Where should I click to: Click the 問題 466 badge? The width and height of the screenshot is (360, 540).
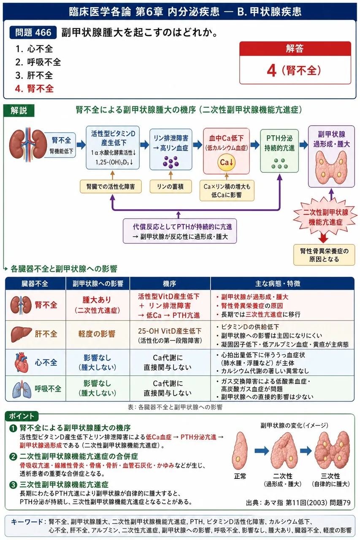pyautogui.click(x=33, y=32)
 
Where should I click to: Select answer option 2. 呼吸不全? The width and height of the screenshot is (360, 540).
pyautogui.click(x=38, y=62)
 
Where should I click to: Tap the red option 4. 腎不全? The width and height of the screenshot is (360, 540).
pyautogui.click(x=34, y=89)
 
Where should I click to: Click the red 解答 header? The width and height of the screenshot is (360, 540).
pyautogui.click(x=295, y=49)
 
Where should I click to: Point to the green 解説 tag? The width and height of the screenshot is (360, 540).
pyautogui.click(x=19, y=111)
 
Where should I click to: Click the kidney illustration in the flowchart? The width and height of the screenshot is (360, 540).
pyautogui.click(x=28, y=144)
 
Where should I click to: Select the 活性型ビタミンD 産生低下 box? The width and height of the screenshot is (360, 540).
pyautogui.click(x=113, y=148)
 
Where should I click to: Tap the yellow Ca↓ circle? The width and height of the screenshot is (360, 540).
pyautogui.click(x=226, y=162)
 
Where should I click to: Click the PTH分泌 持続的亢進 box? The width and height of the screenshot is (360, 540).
pyautogui.click(x=279, y=151)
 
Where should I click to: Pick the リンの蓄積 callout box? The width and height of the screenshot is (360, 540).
pyautogui.click(x=171, y=186)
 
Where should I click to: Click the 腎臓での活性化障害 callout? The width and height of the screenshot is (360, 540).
pyautogui.click(x=111, y=186)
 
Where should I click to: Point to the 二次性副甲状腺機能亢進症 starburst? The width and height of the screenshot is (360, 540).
pyautogui.click(x=325, y=217)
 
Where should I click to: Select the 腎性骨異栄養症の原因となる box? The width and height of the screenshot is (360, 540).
pyautogui.click(x=324, y=255)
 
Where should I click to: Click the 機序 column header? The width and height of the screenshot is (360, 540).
pyautogui.click(x=170, y=283)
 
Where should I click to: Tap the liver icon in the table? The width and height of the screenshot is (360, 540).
pyautogui.click(x=21, y=334)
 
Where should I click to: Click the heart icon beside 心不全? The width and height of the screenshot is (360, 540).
pyautogui.click(x=21, y=362)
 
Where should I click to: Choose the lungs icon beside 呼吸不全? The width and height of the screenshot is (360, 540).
pyautogui.click(x=22, y=389)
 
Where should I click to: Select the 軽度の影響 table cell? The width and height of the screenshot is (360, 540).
pyautogui.click(x=97, y=335)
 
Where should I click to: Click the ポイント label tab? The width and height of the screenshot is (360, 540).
pyautogui.click(x=22, y=416)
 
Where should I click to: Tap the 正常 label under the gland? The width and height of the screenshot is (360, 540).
pyautogui.click(x=240, y=476)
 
